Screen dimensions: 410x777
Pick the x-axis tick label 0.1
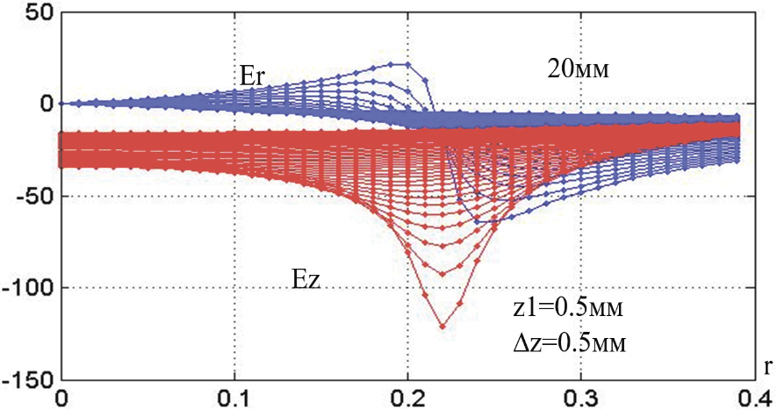click(x=234, y=397)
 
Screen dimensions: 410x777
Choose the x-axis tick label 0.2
click(x=408, y=397)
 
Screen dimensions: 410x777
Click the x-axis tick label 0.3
click(x=581, y=397)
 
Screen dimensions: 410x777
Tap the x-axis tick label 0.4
click(x=753, y=397)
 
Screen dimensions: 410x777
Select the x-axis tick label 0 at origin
click(x=61, y=397)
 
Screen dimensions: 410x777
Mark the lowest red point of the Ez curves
click(x=442, y=327)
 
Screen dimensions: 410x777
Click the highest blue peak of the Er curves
click(x=406, y=64)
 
